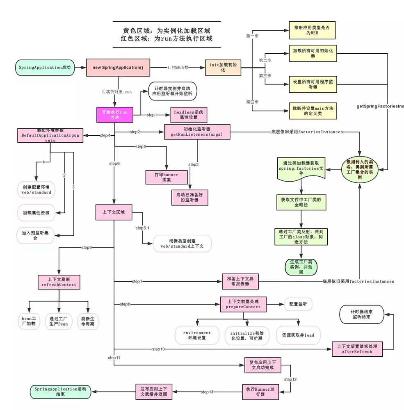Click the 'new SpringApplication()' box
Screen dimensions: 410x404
(x=118, y=67)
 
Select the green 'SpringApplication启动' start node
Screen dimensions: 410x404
(x=45, y=67)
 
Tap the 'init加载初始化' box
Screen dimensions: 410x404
(x=223, y=67)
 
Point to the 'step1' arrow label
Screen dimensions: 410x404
(x=152, y=115)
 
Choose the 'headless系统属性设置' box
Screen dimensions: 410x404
(x=188, y=114)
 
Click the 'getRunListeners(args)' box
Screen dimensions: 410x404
(x=197, y=132)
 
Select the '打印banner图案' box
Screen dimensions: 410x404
(x=167, y=178)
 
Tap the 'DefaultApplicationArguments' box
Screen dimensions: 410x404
(x=50, y=135)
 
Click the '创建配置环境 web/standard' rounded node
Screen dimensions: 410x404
(x=36, y=189)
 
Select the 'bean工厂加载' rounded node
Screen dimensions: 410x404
(x=28, y=321)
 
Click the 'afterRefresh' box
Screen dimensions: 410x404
(x=357, y=349)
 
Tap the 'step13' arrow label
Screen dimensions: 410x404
(x=207, y=392)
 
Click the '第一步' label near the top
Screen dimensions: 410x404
(x=252, y=36)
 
